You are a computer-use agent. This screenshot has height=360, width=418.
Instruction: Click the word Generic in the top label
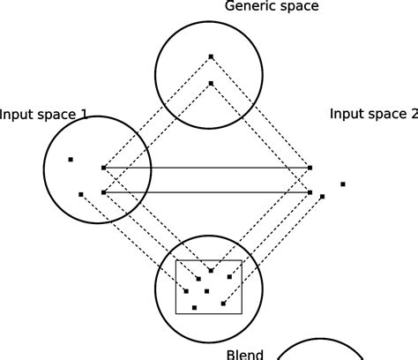coord(249,7)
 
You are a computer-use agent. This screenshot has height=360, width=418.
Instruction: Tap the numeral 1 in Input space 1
coord(108,114)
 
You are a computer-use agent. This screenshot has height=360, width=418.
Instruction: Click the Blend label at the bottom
coord(245,354)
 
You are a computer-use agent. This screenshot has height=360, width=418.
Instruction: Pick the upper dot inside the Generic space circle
coord(210,56)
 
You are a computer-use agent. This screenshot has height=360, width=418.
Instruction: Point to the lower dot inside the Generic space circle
coord(210,84)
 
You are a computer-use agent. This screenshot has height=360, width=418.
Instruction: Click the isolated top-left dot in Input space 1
coord(71,160)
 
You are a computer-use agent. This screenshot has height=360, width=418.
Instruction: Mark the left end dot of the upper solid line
coord(103,167)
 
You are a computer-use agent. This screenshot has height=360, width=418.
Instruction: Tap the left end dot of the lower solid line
coord(103,192)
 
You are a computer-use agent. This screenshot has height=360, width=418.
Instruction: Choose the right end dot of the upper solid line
coord(310,167)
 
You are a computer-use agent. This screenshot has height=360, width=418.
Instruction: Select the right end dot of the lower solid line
coord(310,192)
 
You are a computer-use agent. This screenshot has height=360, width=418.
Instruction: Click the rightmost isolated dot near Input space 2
coord(343,184)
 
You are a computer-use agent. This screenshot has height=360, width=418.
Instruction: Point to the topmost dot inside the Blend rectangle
coord(210,270)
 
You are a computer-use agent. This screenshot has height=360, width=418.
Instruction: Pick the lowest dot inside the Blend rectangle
coord(194,307)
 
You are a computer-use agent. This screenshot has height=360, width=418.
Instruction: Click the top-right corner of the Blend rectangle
coord(242,261)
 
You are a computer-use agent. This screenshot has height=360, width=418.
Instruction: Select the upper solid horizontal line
coord(206,167)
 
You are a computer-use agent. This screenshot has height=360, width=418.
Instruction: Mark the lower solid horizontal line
coord(206,192)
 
